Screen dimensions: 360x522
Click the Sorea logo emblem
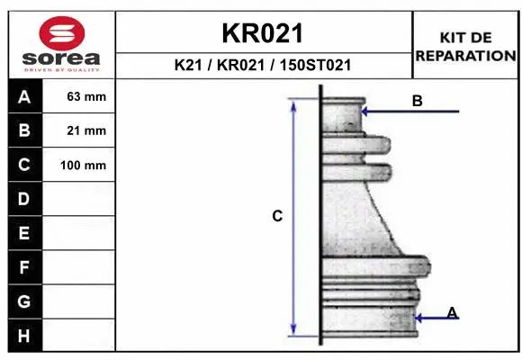click(x=60, y=34)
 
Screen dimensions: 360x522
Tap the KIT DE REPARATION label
click(x=465, y=46)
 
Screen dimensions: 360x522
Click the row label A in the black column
click(x=24, y=97)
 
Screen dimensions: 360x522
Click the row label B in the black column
click(x=24, y=130)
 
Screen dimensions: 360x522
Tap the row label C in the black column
click(x=24, y=165)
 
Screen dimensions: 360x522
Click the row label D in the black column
click(x=24, y=199)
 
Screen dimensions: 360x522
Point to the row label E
click(x=24, y=233)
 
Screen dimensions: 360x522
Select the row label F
click(x=24, y=267)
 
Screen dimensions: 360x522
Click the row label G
click(x=24, y=301)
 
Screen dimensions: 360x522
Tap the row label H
click(x=24, y=335)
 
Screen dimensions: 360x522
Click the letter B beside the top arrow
click(x=417, y=101)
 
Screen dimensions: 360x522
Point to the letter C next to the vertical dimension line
click(x=277, y=216)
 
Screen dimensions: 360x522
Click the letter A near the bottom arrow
click(x=452, y=312)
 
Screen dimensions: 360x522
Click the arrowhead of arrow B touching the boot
click(x=364, y=112)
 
